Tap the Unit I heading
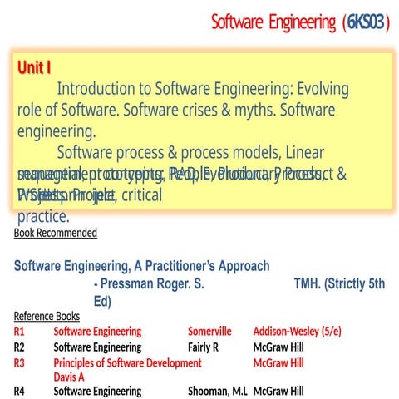(x=34, y=68)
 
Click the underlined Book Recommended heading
(x=56, y=233)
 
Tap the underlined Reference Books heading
(x=47, y=316)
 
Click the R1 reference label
(x=20, y=332)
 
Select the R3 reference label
(x=20, y=363)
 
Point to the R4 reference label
(x=20, y=392)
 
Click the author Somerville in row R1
(x=214, y=332)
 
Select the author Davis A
(x=69, y=377)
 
